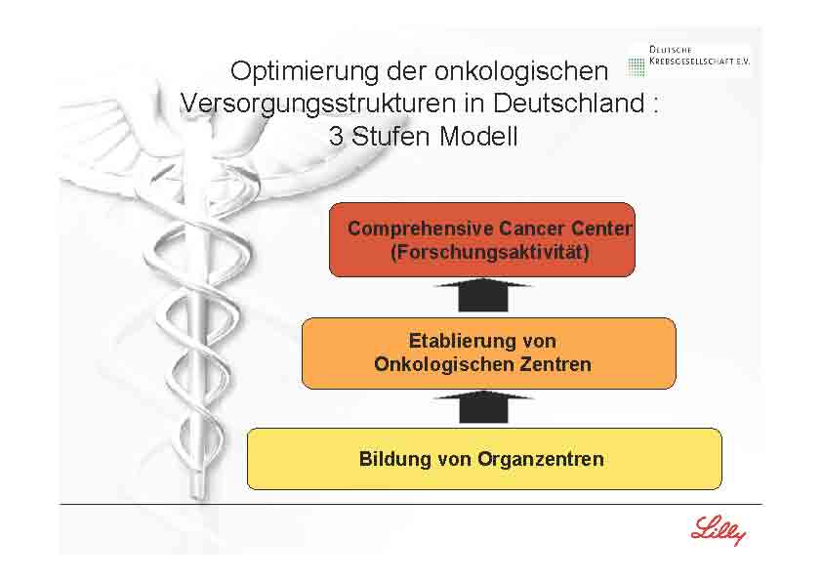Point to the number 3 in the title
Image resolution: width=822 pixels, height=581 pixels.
(x=337, y=137)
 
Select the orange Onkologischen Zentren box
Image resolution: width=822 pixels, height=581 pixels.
(x=488, y=353)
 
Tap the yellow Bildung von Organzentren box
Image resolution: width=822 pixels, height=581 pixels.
(x=484, y=458)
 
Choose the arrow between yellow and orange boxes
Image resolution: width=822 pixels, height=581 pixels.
(x=483, y=406)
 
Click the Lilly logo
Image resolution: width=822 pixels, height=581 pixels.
(x=718, y=531)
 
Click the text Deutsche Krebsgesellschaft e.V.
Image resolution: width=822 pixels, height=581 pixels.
(x=699, y=55)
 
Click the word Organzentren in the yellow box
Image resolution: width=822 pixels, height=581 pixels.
(x=541, y=458)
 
